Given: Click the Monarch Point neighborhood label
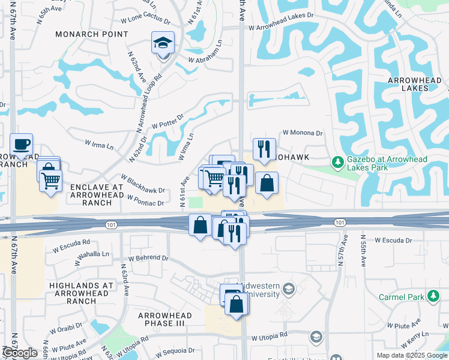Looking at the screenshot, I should (x=92, y=34).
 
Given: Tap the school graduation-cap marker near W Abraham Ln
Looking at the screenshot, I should (x=163, y=43).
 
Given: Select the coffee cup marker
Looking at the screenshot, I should (x=21, y=145).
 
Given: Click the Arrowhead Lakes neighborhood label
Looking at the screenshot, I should (x=417, y=84).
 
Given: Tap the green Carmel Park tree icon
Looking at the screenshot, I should (x=433, y=296).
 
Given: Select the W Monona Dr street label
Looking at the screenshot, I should (x=303, y=133).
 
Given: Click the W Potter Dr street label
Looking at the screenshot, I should (x=167, y=122).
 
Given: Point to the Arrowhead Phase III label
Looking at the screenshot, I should (x=165, y=320).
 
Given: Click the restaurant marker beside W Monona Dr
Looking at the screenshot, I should (x=264, y=149).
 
